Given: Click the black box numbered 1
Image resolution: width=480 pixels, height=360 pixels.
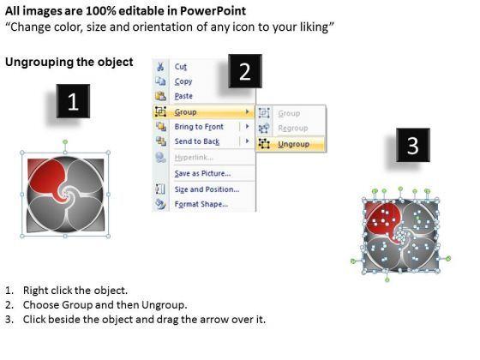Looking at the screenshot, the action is [73, 101].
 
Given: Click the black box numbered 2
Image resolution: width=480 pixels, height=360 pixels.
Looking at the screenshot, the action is [245, 71].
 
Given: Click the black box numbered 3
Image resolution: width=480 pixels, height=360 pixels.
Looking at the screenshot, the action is [413, 145].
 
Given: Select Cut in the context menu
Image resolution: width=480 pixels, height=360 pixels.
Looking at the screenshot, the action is [181, 67].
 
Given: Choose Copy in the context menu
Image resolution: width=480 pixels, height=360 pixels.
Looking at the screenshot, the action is [183, 81].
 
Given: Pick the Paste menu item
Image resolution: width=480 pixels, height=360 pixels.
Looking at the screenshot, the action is [183, 96].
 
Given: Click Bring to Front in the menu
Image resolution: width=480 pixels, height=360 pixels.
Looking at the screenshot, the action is [199, 127].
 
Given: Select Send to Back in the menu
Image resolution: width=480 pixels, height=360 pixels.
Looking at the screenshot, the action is [197, 141].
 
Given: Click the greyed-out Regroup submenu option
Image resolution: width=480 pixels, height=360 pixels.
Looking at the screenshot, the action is [292, 128].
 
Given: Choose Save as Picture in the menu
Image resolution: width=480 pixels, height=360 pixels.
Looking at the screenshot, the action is [202, 173].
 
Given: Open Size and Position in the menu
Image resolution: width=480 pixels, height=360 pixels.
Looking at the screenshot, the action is [207, 189].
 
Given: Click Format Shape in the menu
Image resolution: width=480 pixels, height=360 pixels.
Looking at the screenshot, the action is [201, 204].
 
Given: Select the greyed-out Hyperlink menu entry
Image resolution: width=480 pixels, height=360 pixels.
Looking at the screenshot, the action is [194, 158].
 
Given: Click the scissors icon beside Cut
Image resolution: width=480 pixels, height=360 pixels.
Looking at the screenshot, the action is [160, 67].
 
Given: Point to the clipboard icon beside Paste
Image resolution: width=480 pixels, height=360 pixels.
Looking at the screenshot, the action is [160, 96].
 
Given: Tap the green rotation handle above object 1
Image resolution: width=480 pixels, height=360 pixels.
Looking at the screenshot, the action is [65, 142].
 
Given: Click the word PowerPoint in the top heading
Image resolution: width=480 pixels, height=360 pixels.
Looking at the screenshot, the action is [213, 11].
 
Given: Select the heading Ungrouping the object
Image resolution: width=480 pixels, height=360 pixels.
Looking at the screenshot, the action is [69, 62].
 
